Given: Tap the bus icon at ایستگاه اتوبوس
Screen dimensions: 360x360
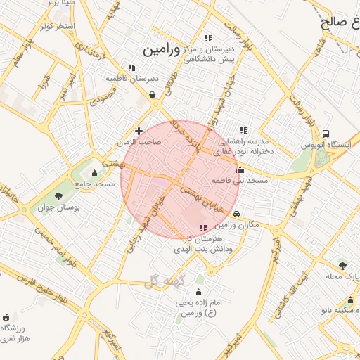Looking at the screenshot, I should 326,134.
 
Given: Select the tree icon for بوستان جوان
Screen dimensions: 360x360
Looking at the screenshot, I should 58,196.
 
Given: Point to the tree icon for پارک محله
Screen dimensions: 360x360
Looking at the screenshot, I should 342,265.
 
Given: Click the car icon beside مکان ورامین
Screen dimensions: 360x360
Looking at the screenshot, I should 238,214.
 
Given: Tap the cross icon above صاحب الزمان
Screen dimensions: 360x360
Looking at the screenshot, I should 139,131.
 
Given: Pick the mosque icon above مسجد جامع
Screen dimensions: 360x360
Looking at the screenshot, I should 95,174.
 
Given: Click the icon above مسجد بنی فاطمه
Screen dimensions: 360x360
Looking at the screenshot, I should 240,169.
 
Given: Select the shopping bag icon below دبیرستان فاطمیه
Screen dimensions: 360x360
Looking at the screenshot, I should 152,95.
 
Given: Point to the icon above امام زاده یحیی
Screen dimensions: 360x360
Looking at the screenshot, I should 198,292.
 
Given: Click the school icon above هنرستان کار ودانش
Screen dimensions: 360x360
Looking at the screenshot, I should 203,229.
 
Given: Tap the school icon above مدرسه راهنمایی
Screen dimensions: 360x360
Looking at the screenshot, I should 243,130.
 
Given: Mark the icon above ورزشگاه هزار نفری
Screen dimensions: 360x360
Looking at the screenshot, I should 7,317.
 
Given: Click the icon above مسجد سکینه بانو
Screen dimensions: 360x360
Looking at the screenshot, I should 349,300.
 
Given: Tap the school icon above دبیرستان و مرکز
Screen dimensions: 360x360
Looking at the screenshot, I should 207,38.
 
